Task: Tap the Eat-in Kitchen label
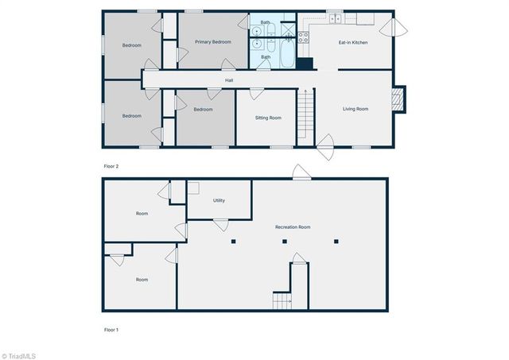[353, 42]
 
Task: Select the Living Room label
[356, 108]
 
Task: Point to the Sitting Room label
[268, 118]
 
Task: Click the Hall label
[229, 80]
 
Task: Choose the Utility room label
[219, 200]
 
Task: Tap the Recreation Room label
[293, 227]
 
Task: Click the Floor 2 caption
[111, 166]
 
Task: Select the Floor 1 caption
[111, 328]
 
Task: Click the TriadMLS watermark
[19, 355]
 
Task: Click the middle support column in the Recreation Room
[285, 241]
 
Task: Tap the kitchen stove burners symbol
[303, 36]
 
